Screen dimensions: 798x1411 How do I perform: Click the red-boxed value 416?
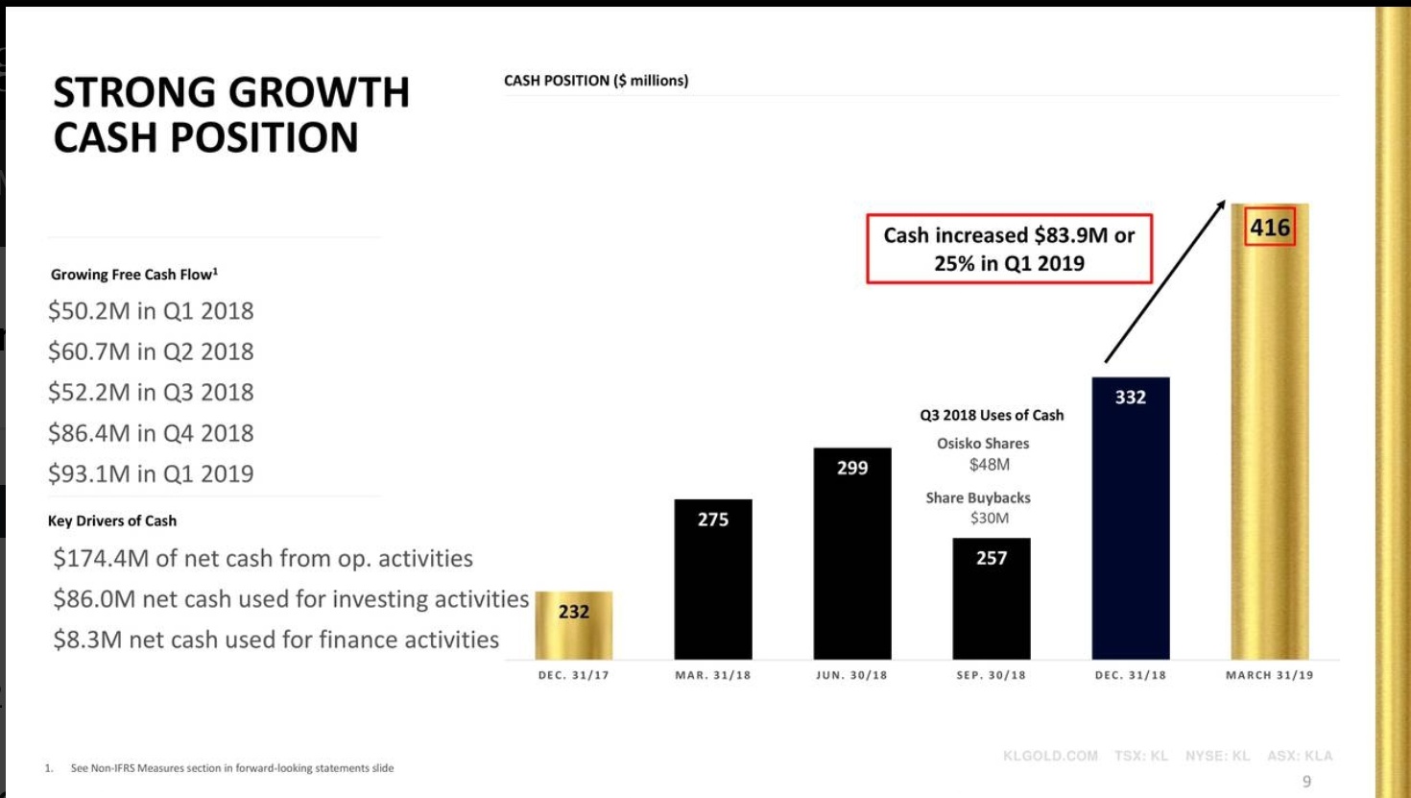tap(1269, 228)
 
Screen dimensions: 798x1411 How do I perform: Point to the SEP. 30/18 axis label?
tap(991, 675)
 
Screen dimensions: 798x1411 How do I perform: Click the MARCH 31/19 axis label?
tap(1269, 675)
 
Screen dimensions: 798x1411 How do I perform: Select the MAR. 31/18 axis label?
tap(712, 675)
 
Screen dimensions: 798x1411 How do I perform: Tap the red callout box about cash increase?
tap(1009, 249)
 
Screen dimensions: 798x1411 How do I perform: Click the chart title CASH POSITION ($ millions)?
tap(595, 81)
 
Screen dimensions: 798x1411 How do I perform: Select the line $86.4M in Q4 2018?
tap(151, 433)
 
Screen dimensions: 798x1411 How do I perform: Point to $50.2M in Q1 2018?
tap(151, 311)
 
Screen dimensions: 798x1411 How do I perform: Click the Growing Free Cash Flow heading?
tap(133, 275)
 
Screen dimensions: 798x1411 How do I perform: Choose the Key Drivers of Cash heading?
tap(112, 520)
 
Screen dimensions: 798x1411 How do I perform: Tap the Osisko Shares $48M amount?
tap(989, 465)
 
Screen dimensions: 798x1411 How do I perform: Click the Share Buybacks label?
tap(977, 497)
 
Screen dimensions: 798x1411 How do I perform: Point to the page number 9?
tap(1305, 782)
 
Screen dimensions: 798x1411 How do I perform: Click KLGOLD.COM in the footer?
tap(1050, 756)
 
